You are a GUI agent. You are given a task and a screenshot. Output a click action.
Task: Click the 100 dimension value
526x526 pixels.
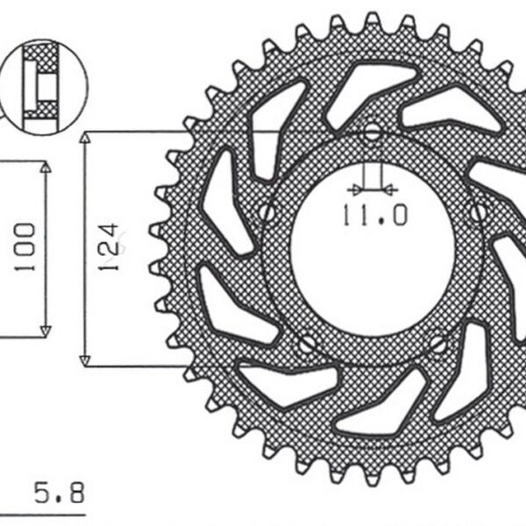25,246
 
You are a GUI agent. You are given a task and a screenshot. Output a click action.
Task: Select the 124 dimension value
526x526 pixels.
108,246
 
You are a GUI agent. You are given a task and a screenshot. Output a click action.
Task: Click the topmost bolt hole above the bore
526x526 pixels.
373,133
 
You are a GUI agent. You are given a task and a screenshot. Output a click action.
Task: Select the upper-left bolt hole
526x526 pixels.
268,212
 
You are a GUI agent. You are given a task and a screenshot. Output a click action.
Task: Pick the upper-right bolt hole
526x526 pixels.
478,211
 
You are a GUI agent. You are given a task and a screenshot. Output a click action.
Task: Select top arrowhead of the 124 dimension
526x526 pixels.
85,139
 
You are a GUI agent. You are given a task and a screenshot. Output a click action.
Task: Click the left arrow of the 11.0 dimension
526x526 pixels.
353,188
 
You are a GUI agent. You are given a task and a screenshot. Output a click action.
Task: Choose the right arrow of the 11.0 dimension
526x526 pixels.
390,188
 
